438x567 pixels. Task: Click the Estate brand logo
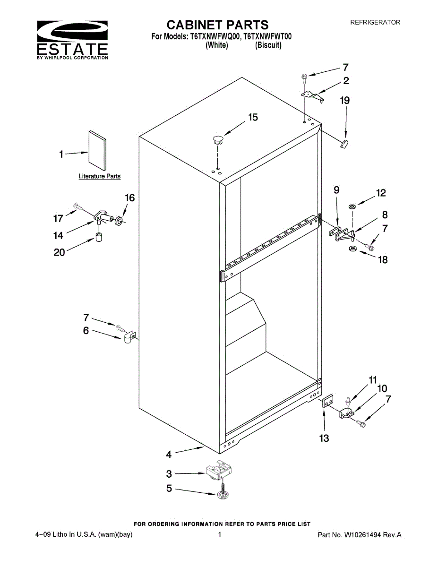[72, 40]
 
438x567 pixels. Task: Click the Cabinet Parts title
[218, 25]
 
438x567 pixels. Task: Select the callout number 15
[253, 117]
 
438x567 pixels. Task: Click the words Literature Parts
[99, 176]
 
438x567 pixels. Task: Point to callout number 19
[345, 100]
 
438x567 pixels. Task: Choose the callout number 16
[129, 198]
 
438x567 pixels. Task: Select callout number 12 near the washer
[381, 193]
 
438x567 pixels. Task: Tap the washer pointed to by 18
[352, 249]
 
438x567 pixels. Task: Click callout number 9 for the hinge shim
[336, 190]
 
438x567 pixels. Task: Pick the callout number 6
[86, 331]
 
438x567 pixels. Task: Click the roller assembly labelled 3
[220, 471]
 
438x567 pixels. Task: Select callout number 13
[324, 438]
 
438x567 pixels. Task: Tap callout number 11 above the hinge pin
[373, 380]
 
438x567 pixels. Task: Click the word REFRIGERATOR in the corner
[375, 22]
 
